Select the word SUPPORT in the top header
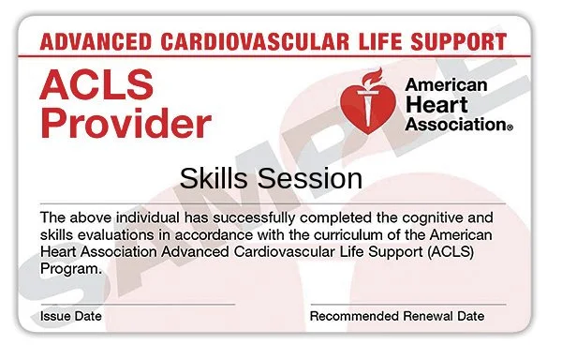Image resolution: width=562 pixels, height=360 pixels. point(459,43)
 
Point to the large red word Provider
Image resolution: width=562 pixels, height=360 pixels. point(125,123)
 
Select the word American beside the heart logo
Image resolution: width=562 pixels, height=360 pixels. point(446,85)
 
